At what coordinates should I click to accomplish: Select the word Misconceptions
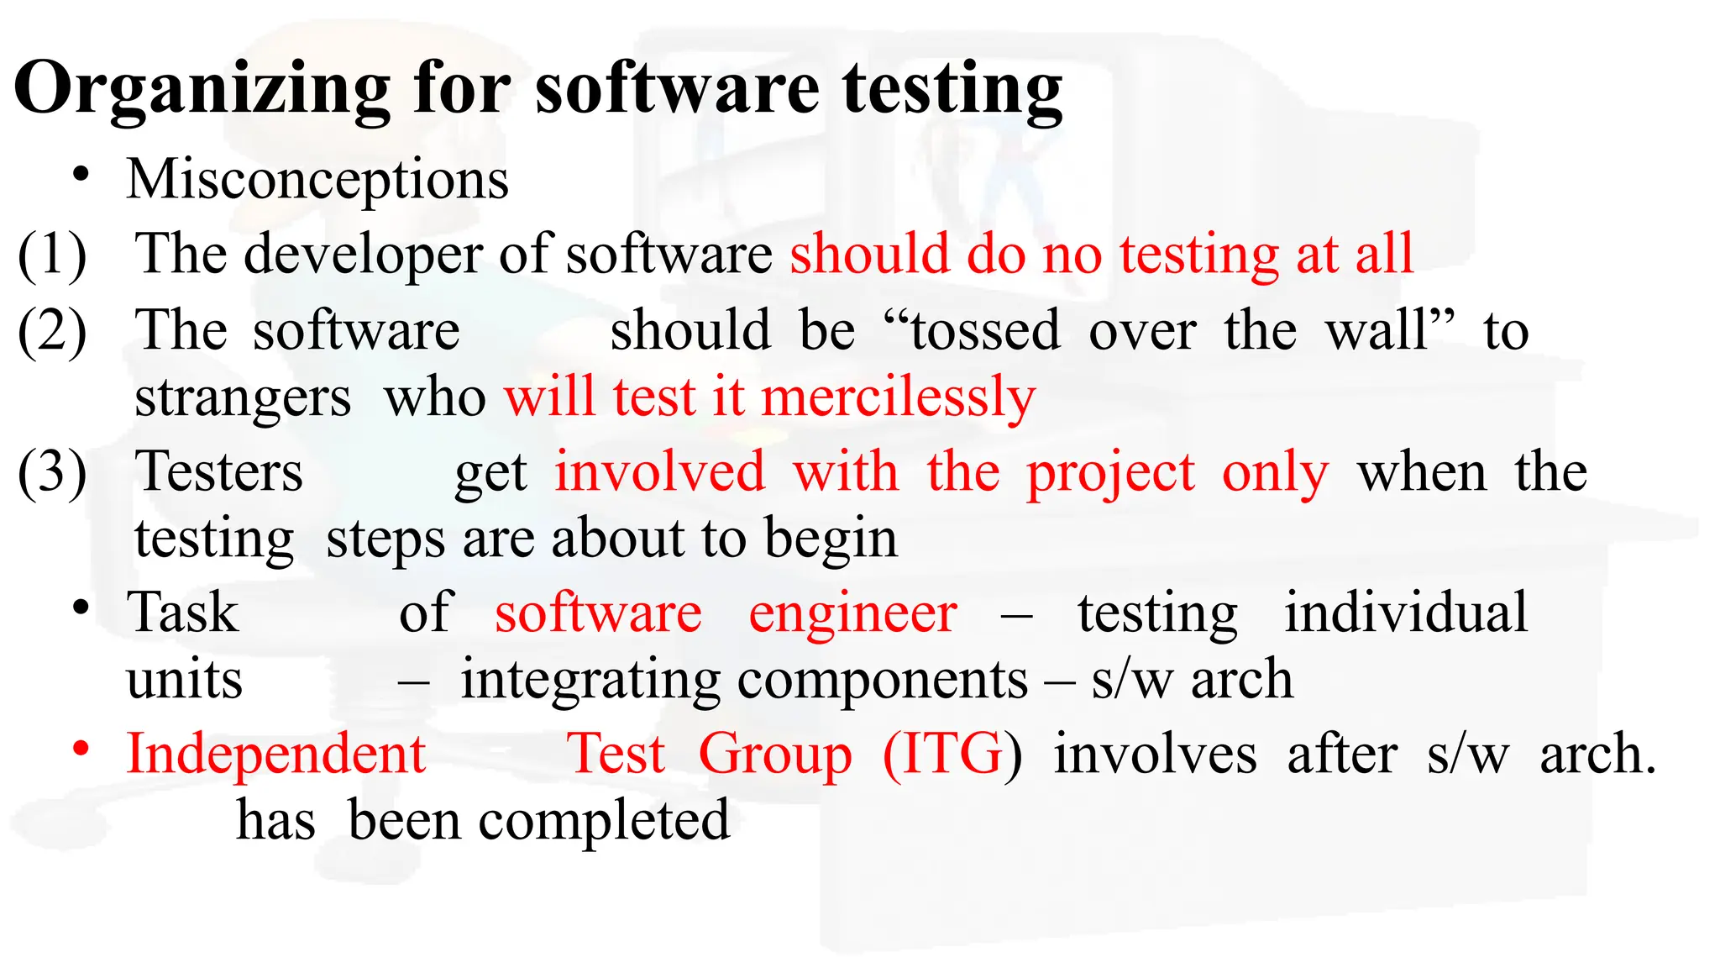(317, 180)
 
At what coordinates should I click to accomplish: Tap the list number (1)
(52, 254)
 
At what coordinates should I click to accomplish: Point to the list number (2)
(52, 330)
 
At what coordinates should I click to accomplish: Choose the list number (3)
(52, 472)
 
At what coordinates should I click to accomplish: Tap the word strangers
(243, 397)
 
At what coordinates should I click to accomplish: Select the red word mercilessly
(898, 397)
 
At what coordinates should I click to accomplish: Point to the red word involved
(660, 472)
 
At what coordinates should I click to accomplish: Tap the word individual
(1406, 613)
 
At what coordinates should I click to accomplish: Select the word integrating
(591, 681)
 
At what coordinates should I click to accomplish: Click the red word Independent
(276, 754)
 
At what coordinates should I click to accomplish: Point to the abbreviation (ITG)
(952, 755)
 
